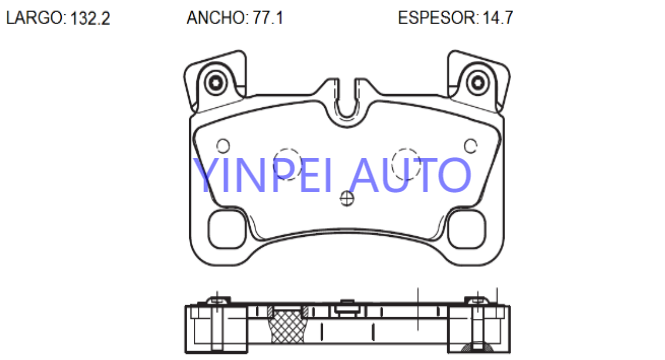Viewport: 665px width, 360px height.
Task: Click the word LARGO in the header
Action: point(34,18)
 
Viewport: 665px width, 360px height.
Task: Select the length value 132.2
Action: point(90,18)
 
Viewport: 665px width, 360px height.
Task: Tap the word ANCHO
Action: point(215,18)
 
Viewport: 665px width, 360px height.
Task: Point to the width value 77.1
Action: point(268,18)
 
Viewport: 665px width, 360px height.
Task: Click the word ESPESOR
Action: point(436,18)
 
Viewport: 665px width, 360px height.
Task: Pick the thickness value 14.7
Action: point(497,18)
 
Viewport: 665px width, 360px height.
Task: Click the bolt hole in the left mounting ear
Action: point(216,82)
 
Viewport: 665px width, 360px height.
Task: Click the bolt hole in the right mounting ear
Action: point(478,82)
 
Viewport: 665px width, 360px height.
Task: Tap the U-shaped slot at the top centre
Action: point(347,109)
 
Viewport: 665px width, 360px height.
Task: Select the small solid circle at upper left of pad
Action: point(223,146)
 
